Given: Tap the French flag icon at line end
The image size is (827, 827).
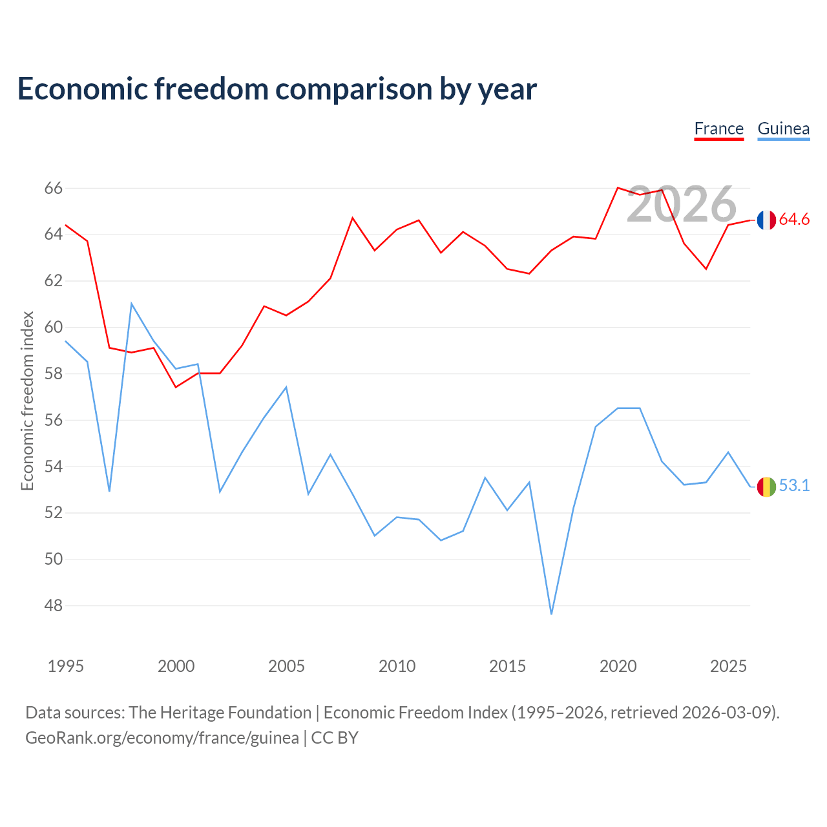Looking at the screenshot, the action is (766, 220).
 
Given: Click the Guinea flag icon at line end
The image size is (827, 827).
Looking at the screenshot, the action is (766, 487).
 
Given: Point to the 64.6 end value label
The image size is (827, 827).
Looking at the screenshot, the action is (794, 219).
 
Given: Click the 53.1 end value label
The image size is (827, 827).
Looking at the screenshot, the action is (794, 485).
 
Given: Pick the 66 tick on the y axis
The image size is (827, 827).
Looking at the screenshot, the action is (53, 188).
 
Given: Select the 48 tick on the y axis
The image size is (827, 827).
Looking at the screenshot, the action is (53, 605).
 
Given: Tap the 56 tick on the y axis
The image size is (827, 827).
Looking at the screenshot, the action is (53, 420).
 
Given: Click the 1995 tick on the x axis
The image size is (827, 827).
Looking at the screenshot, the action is (66, 666).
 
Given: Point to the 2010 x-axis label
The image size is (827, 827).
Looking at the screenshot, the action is (397, 666).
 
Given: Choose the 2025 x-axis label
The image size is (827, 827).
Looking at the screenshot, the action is (728, 666).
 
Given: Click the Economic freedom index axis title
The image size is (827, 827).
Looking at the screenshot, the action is (27, 401).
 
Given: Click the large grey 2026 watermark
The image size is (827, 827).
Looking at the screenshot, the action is (682, 204).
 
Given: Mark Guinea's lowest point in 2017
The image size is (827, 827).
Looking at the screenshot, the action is (552, 614).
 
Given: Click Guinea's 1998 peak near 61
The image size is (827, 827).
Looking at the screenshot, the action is (131, 304).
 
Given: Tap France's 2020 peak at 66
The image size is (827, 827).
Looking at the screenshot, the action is (618, 187).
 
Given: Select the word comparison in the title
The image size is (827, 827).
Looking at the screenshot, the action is (354, 90).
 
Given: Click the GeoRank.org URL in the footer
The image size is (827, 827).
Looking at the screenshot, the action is (162, 738).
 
